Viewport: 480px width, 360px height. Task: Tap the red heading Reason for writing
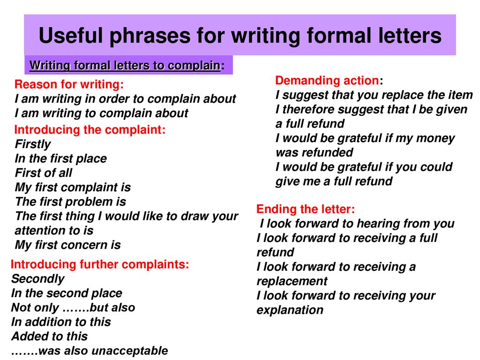(x=69, y=84)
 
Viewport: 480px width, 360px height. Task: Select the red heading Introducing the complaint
(x=90, y=130)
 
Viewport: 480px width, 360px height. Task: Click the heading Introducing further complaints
(x=100, y=264)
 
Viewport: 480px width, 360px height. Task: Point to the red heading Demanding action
(x=327, y=81)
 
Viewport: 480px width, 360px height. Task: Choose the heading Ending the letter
(x=306, y=209)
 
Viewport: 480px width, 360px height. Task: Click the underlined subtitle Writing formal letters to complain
(x=125, y=66)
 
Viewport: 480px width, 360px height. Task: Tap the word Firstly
(x=33, y=144)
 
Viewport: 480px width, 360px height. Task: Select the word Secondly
(x=37, y=279)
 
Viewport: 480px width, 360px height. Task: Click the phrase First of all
(x=44, y=173)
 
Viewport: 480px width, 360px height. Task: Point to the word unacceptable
(x=129, y=351)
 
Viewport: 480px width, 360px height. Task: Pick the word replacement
(x=292, y=281)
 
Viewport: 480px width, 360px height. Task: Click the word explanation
(x=290, y=310)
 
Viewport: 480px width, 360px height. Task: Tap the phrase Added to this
(x=49, y=337)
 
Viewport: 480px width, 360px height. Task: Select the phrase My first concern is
(x=67, y=245)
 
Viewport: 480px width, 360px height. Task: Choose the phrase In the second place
(x=67, y=293)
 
